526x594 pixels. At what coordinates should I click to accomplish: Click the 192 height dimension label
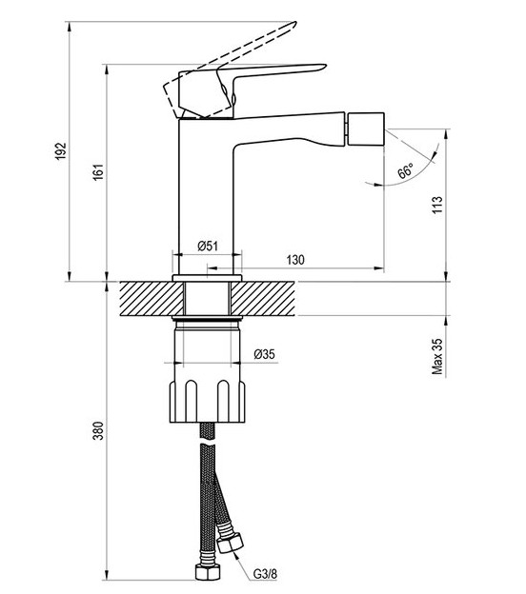pyautogui.click(x=61, y=150)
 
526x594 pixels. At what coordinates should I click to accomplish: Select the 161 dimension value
pyautogui.click(x=98, y=171)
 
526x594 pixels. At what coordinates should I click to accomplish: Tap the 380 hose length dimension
pyautogui.click(x=98, y=430)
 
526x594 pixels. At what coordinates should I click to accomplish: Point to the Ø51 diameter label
pyautogui.click(x=208, y=246)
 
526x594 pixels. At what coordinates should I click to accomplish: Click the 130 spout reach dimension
pyautogui.click(x=295, y=260)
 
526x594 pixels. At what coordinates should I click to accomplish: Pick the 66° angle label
pyautogui.click(x=405, y=171)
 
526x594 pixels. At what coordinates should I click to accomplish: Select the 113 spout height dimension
pyautogui.click(x=437, y=205)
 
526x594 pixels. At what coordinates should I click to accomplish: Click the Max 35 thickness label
pyautogui.click(x=437, y=356)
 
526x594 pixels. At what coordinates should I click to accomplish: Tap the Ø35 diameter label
pyautogui.click(x=264, y=354)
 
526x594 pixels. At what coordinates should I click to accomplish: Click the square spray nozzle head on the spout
pyautogui.click(x=366, y=129)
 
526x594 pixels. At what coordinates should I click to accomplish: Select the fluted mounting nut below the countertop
pyautogui.click(x=207, y=402)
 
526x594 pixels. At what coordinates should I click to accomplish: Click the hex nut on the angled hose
pyautogui.click(x=231, y=543)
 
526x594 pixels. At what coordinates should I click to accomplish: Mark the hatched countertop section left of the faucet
pyautogui.click(x=152, y=299)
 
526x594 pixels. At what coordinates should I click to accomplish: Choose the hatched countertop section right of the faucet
pyautogui.click(x=263, y=299)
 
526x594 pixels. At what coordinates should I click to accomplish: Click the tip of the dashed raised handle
pyautogui.click(x=294, y=24)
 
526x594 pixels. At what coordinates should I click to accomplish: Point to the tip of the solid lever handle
pyautogui.click(x=324, y=66)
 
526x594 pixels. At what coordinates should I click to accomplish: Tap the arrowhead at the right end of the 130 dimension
pyautogui.click(x=379, y=268)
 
